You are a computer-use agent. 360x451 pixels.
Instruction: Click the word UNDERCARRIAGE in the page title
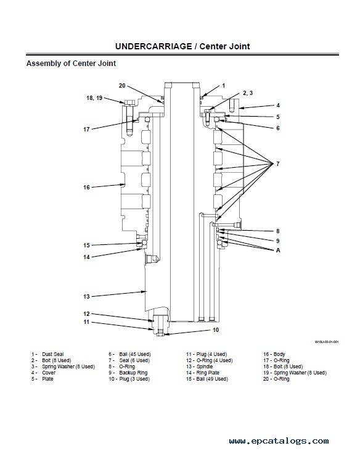(153, 46)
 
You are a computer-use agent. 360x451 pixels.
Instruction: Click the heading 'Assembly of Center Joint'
(71, 64)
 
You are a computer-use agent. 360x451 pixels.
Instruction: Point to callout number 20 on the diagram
(122, 86)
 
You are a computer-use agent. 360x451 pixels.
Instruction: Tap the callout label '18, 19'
(94, 98)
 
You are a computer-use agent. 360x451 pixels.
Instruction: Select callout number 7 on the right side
(278, 164)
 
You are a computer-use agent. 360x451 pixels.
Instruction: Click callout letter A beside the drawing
(278, 250)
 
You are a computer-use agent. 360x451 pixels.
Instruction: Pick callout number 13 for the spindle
(86, 297)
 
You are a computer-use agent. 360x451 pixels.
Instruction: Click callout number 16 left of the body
(86, 188)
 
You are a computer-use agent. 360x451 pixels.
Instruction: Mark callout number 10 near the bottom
(216, 330)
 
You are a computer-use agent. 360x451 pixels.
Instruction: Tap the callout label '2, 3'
(248, 93)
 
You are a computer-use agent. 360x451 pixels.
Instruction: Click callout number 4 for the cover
(278, 106)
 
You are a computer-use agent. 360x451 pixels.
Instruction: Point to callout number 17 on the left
(86, 130)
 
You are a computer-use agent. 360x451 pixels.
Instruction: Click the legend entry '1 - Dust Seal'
(47, 354)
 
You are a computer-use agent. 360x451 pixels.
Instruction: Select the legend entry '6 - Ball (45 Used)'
(129, 354)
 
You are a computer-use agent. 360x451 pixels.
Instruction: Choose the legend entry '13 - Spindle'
(199, 366)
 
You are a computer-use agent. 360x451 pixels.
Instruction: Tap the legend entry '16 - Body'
(274, 354)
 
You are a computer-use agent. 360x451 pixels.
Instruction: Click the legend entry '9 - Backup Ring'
(128, 373)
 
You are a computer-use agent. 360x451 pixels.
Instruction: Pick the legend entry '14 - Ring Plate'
(203, 373)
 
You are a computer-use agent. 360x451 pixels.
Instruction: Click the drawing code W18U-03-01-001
(327, 342)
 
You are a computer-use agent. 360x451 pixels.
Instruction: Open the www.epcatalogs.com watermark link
(279, 441)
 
